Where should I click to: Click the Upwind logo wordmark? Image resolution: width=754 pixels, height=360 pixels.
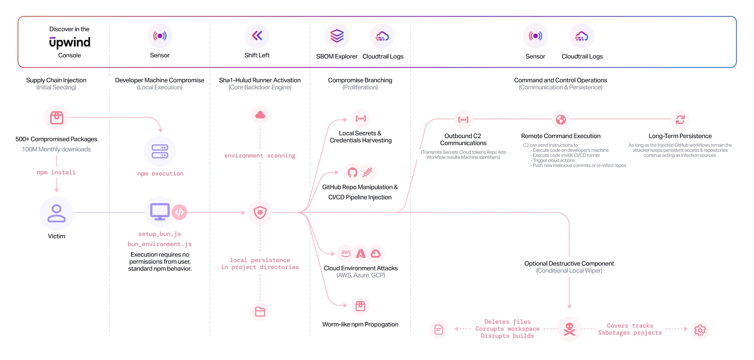point(70,42)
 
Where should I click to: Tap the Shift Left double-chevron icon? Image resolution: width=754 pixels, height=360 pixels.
point(257,36)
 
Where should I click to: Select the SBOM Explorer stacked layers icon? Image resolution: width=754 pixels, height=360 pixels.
point(337,36)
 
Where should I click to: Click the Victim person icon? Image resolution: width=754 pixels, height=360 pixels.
point(56,213)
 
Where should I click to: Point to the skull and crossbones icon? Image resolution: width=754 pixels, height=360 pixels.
point(569,329)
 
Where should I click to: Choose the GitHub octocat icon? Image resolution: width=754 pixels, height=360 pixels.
point(352,172)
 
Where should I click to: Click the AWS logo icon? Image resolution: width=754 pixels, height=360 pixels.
point(346,253)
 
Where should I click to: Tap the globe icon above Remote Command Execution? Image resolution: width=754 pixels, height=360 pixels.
point(561,120)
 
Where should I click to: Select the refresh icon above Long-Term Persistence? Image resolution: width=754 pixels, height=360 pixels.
point(680,120)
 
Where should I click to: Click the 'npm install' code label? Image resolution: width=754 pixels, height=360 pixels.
point(56,172)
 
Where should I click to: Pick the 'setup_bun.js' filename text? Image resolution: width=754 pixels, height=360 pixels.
point(159,234)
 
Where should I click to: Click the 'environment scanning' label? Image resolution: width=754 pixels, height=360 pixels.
point(260,156)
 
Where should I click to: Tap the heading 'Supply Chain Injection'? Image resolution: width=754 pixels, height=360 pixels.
point(56,80)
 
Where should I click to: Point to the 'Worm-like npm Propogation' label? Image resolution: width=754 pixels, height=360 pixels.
point(360,324)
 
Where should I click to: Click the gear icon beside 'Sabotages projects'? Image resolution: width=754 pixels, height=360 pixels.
point(700,330)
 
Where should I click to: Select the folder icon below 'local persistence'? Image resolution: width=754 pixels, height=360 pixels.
point(260,312)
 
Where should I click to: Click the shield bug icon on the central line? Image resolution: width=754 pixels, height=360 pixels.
point(260,212)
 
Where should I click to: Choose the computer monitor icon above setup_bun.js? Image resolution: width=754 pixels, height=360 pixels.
point(159,211)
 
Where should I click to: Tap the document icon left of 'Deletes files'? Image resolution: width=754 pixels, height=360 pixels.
point(438,330)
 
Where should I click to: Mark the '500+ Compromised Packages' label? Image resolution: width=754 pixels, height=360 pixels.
point(56,139)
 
